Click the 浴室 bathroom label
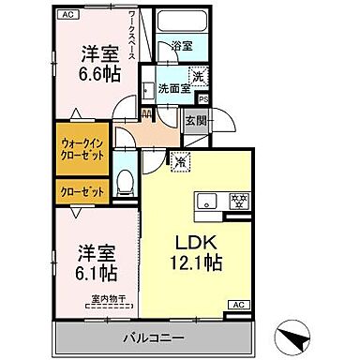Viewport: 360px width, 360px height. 182,45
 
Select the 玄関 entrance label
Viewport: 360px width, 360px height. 195,121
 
